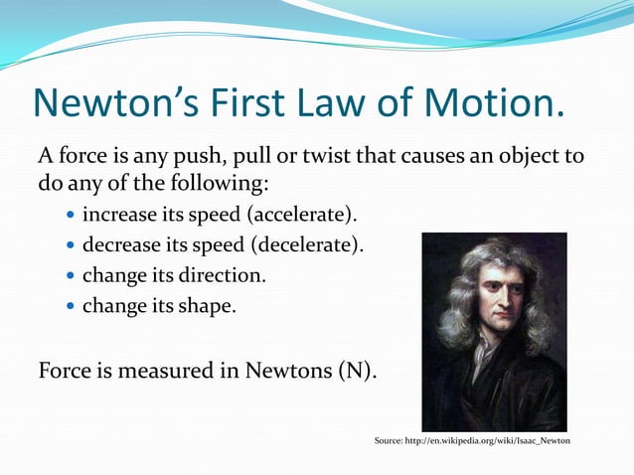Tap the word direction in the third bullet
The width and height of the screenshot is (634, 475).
(227, 274)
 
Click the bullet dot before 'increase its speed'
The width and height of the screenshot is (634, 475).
(69, 215)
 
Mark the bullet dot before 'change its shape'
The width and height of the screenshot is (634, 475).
(69, 306)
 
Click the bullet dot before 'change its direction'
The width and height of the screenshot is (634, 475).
(69, 275)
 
